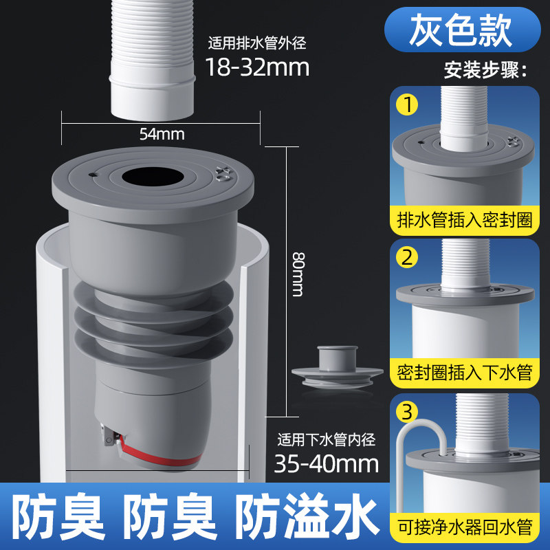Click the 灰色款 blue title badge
pyautogui.click(x=462, y=30)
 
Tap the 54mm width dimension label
pyautogui.click(x=162, y=134)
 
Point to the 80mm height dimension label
pyautogui.click(x=298, y=274)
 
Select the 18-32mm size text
pyautogui.click(x=257, y=67)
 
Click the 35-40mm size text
pyautogui.click(x=326, y=463)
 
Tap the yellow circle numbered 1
pyautogui.click(x=407, y=104)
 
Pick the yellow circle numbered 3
pyautogui.click(x=407, y=411)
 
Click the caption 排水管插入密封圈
pyautogui.click(x=465, y=220)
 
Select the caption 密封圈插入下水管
pyautogui.click(x=465, y=373)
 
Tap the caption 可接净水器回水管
pyautogui.click(x=465, y=527)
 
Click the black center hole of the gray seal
pyautogui.click(x=153, y=177)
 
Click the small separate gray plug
pyautogui.click(x=337, y=367)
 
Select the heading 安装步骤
pyautogui.click(x=485, y=70)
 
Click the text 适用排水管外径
pyautogui.click(x=257, y=43)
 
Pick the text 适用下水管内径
pyautogui.click(x=326, y=440)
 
